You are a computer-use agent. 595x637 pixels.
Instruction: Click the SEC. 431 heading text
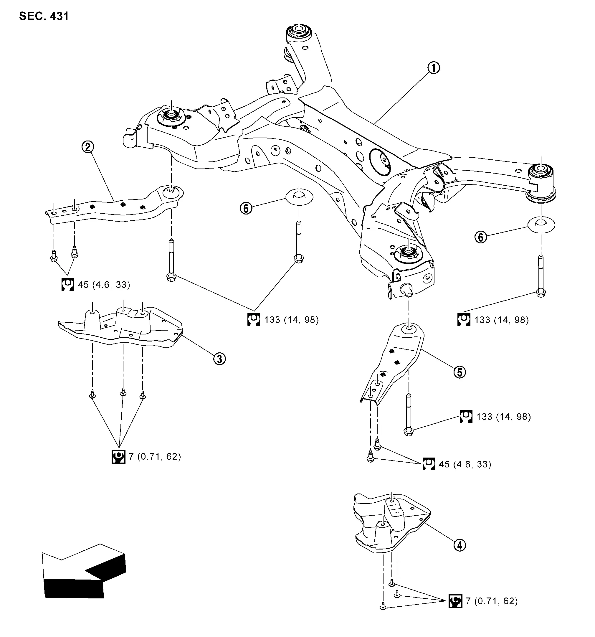(x=44, y=16)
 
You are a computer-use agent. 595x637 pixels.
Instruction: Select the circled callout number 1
(x=434, y=68)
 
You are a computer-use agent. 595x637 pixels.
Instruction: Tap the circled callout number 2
(x=88, y=147)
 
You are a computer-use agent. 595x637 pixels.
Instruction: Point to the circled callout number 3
(x=219, y=359)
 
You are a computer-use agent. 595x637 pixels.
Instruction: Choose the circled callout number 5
(x=460, y=372)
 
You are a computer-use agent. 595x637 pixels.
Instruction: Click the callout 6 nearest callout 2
(x=246, y=208)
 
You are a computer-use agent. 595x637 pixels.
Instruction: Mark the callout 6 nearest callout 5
(x=480, y=237)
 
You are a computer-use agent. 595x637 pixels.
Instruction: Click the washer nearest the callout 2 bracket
(x=299, y=197)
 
